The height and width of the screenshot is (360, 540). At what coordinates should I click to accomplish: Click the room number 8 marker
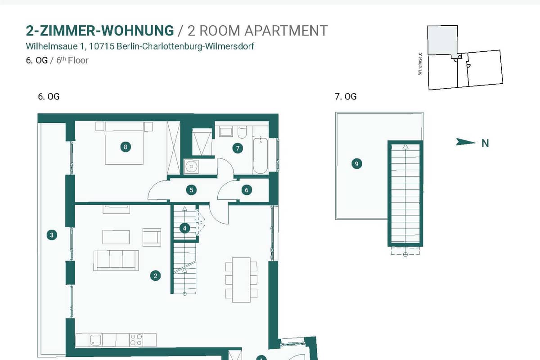126,147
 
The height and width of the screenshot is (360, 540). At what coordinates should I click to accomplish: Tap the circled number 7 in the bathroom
238,148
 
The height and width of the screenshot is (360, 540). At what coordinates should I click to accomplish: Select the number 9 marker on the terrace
357,164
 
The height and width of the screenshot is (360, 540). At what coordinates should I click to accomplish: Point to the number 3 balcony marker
52,235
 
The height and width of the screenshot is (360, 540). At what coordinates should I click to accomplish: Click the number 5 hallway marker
191,190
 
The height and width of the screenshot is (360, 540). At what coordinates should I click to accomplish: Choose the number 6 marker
247,190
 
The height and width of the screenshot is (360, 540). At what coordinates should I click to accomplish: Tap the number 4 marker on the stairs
184,228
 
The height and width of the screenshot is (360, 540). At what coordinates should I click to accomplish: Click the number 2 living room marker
156,275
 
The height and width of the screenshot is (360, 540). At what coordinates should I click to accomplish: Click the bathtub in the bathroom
261,155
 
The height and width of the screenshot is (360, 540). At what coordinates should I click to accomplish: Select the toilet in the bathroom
242,132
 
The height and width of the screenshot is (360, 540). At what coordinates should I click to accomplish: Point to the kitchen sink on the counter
96,340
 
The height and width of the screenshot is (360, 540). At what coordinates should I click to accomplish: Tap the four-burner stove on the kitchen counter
136,340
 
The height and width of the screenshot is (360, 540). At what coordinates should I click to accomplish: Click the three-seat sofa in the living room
116,261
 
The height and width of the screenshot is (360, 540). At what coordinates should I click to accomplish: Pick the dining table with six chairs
241,280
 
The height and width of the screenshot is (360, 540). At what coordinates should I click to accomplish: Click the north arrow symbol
465,142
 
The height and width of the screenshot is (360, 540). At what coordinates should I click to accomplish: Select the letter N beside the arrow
485,143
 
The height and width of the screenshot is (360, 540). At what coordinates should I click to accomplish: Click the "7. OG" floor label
346,96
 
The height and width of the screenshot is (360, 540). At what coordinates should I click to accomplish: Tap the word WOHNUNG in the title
137,31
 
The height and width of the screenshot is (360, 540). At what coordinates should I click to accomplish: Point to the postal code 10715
102,46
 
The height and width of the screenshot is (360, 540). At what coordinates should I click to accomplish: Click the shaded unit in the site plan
442,40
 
